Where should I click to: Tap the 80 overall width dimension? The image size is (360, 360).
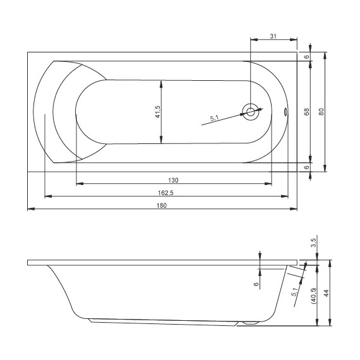[321, 111]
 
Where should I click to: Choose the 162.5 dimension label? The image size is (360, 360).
[167, 192]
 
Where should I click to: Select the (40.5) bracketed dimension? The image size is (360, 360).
[314, 294]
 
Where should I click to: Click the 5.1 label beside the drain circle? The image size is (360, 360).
[215, 117]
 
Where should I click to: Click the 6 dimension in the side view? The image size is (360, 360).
[256, 284]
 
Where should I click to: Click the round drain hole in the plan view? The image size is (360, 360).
[251, 112]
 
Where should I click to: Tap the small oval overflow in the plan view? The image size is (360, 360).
[285, 112]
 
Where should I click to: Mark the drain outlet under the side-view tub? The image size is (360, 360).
[250, 323]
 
